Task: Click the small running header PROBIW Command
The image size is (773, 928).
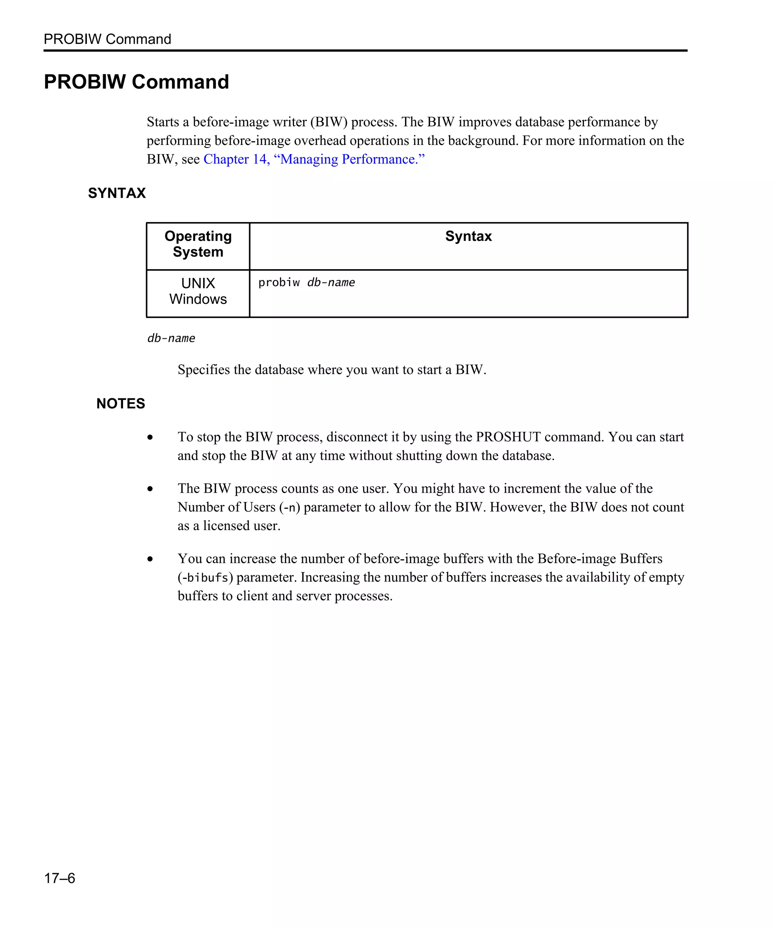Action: [107, 39]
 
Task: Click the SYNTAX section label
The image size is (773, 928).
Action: [117, 193]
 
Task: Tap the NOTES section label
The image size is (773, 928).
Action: [120, 404]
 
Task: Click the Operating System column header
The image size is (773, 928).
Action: [198, 244]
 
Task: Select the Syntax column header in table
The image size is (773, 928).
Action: [468, 236]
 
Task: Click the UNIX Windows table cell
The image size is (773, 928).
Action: [198, 291]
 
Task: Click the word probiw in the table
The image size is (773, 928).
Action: [279, 283]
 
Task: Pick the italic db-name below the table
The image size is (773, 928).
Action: [171, 339]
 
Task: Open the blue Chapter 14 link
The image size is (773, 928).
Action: [314, 159]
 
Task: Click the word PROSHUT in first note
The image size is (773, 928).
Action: [508, 437]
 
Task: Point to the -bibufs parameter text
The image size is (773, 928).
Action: [205, 578]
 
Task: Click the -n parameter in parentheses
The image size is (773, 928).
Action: [290, 508]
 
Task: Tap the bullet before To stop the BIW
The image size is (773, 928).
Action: [150, 438]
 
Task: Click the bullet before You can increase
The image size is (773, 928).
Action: [150, 559]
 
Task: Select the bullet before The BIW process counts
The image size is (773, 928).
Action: [150, 489]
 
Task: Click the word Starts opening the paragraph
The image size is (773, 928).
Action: [163, 122]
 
